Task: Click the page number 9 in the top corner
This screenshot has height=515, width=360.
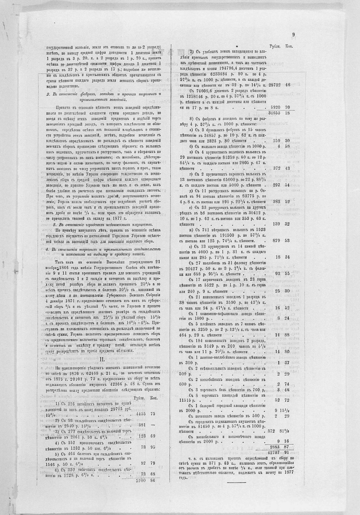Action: click(x=294, y=35)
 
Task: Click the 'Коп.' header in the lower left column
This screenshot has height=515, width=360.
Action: click(x=154, y=398)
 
